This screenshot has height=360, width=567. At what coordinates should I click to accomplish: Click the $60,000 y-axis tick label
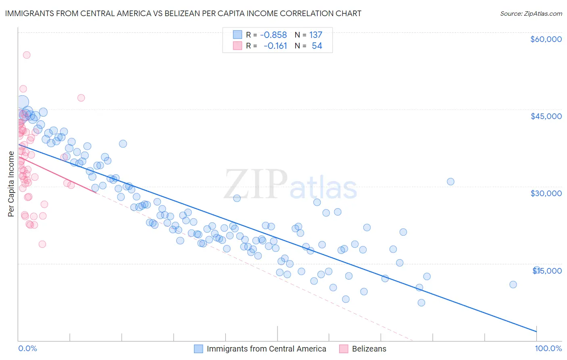[546, 39]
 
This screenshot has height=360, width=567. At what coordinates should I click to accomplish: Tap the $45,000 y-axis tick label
[546, 116]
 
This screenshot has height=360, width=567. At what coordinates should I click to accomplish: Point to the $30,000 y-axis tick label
[546, 193]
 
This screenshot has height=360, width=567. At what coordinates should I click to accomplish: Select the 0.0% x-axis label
[27, 349]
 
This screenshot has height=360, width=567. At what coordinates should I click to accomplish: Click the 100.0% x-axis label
[548, 349]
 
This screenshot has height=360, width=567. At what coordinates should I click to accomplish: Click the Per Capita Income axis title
[11, 184]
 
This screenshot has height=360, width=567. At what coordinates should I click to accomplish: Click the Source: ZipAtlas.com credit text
[531, 13]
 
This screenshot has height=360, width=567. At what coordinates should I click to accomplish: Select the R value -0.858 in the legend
[273, 35]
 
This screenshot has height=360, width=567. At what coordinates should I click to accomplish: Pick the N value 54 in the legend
[317, 46]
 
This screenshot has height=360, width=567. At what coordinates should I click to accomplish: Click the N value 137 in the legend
[315, 35]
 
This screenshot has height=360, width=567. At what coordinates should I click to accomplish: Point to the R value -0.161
[275, 46]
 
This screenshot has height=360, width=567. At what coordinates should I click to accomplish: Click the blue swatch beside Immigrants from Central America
[198, 349]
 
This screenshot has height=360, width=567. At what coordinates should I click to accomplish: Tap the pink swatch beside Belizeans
[344, 349]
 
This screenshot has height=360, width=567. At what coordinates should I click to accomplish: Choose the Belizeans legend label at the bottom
[369, 349]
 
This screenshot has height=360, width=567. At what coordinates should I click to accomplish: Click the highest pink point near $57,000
[27, 55]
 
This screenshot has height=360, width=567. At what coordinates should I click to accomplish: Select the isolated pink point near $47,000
[81, 98]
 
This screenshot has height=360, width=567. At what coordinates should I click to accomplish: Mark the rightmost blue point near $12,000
[513, 285]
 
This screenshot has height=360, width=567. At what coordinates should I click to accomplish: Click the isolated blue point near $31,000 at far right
[450, 182]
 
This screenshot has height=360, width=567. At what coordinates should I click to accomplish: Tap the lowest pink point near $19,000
[42, 244]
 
